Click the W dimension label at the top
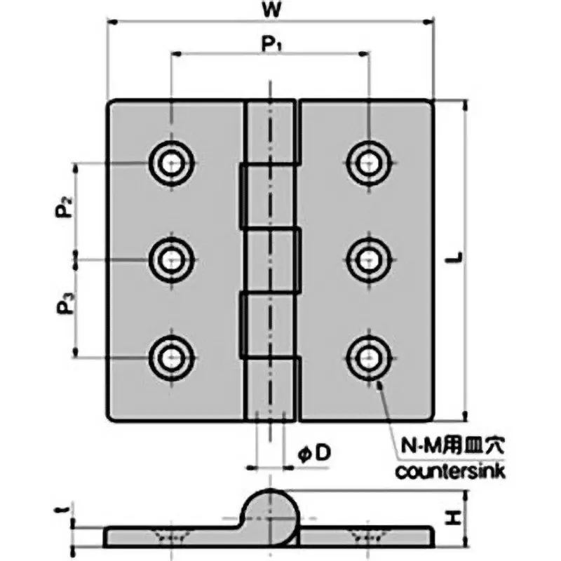point(269,12)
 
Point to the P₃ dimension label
point(64,305)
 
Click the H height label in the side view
point(454,519)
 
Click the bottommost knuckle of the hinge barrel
point(270,389)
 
